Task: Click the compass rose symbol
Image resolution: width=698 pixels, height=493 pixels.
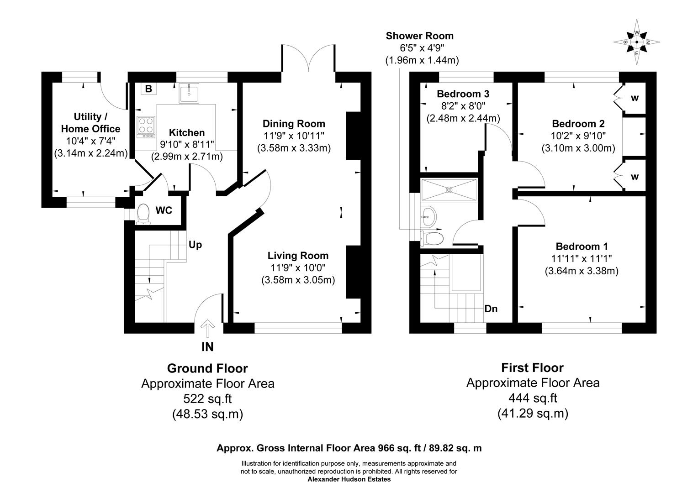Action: pyautogui.click(x=636, y=42)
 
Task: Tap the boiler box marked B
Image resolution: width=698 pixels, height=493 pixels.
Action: pyautogui.click(x=148, y=89)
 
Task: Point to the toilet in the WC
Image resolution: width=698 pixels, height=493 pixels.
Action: pyautogui.click(x=143, y=214)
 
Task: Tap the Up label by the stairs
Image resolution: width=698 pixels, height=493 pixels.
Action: pyautogui.click(x=195, y=245)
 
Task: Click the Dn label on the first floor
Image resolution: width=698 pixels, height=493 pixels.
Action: pyautogui.click(x=491, y=309)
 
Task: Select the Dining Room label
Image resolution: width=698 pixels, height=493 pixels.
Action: pyautogui.click(x=294, y=124)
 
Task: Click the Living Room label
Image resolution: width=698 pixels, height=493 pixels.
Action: pyautogui.click(x=298, y=256)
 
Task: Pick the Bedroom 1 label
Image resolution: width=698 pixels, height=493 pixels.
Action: pyautogui.click(x=581, y=246)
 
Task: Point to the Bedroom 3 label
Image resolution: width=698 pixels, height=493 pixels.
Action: pyautogui.click(x=463, y=94)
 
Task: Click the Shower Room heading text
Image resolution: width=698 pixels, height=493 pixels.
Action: pyautogui.click(x=419, y=36)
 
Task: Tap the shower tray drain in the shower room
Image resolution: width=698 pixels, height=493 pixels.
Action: pyautogui.click(x=449, y=189)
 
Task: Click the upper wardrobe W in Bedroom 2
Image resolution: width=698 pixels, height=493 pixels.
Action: pyautogui.click(x=635, y=98)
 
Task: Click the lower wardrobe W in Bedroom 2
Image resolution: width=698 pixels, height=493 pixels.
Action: pyautogui.click(x=635, y=177)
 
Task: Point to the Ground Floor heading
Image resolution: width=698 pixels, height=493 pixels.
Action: pyautogui.click(x=207, y=368)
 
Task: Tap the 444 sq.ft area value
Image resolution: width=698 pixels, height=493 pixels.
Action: pyautogui.click(x=533, y=398)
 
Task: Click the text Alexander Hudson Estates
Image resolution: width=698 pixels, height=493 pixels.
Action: pyautogui.click(x=349, y=479)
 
